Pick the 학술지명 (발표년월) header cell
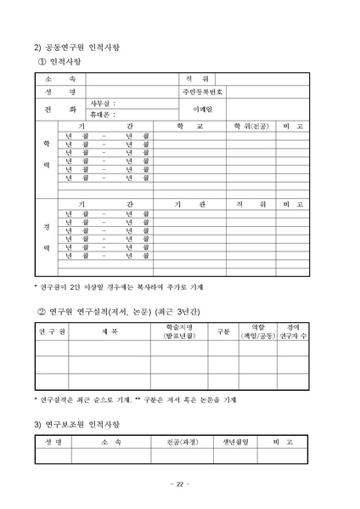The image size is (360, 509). [179, 331]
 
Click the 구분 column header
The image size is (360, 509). [223, 331]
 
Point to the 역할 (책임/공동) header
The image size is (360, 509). [259, 331]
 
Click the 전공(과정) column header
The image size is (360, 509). [179, 443]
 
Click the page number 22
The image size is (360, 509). [179, 484]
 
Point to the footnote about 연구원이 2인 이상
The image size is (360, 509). [118, 286]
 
